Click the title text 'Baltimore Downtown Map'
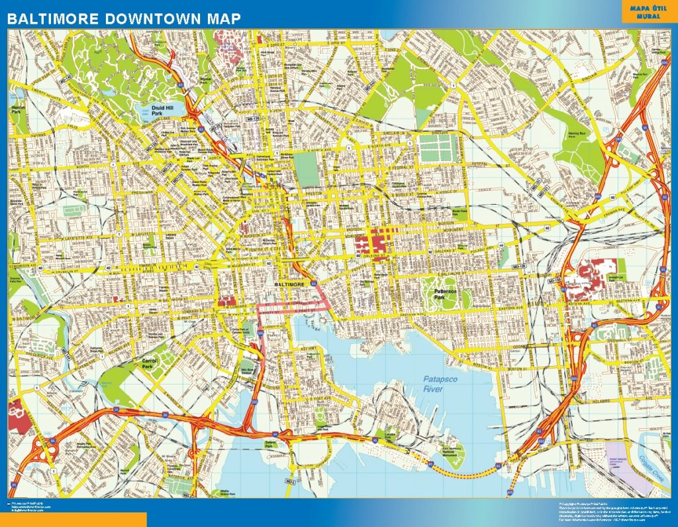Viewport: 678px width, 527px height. (x=124, y=19)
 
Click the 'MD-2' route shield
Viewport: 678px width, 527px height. (x=290, y=479)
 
